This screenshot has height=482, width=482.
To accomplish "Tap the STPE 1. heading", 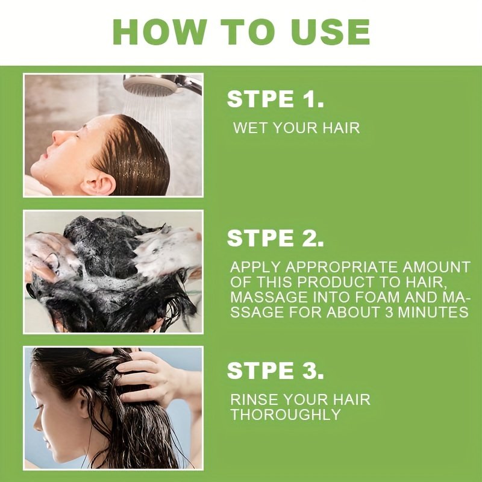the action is pyautogui.click(x=275, y=99).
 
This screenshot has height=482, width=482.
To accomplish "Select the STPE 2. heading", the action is pyautogui.click(x=275, y=238).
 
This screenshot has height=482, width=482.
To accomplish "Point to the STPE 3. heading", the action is pyautogui.click(x=275, y=371).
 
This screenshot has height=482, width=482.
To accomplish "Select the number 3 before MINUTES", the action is pyautogui.click(x=389, y=312).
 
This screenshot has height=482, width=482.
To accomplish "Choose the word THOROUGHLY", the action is pyautogui.click(x=286, y=415).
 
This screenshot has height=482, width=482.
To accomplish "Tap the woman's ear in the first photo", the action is pyautogui.click(x=99, y=183).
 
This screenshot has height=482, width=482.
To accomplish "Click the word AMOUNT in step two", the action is pyautogui.click(x=436, y=267).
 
